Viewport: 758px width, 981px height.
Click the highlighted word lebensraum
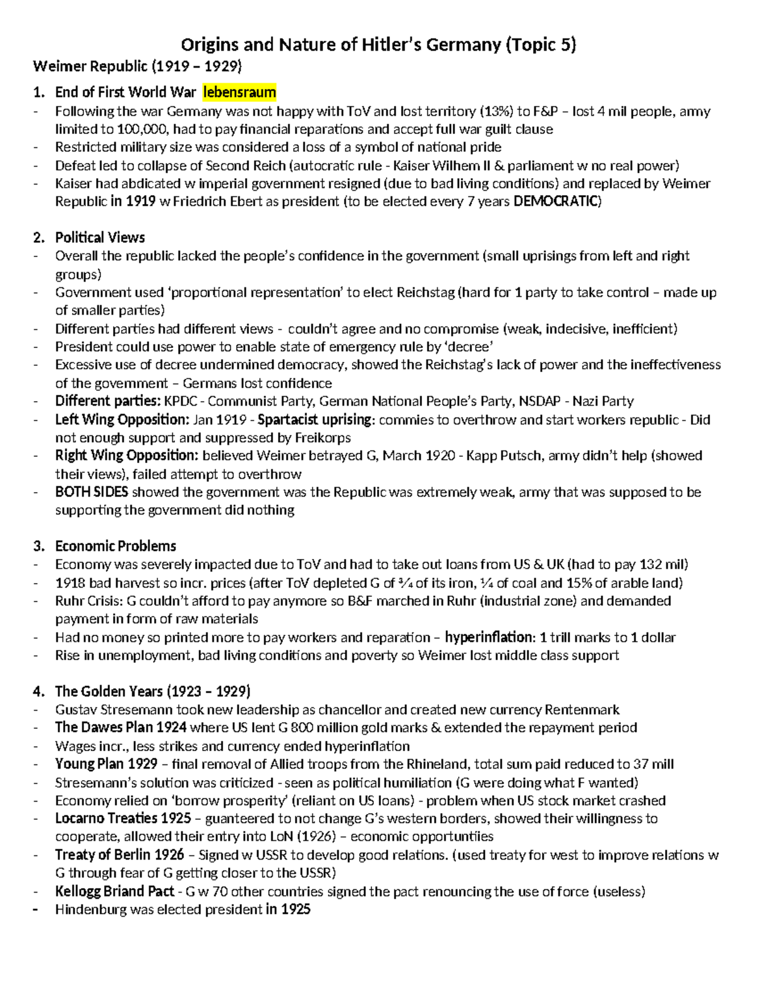(239, 93)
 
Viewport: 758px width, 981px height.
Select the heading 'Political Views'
(100, 238)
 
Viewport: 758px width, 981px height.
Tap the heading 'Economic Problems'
(116, 546)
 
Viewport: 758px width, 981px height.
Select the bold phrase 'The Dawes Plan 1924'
(121, 727)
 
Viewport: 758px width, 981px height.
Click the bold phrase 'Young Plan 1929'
(106, 764)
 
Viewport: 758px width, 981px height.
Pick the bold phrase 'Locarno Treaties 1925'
(123, 818)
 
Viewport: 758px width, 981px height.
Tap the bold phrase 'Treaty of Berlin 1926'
(119, 855)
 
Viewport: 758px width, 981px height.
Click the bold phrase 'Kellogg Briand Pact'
(114, 891)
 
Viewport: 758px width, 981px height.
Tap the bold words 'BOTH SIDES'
(92, 492)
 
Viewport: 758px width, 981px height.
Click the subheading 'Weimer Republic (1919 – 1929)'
(137, 66)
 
